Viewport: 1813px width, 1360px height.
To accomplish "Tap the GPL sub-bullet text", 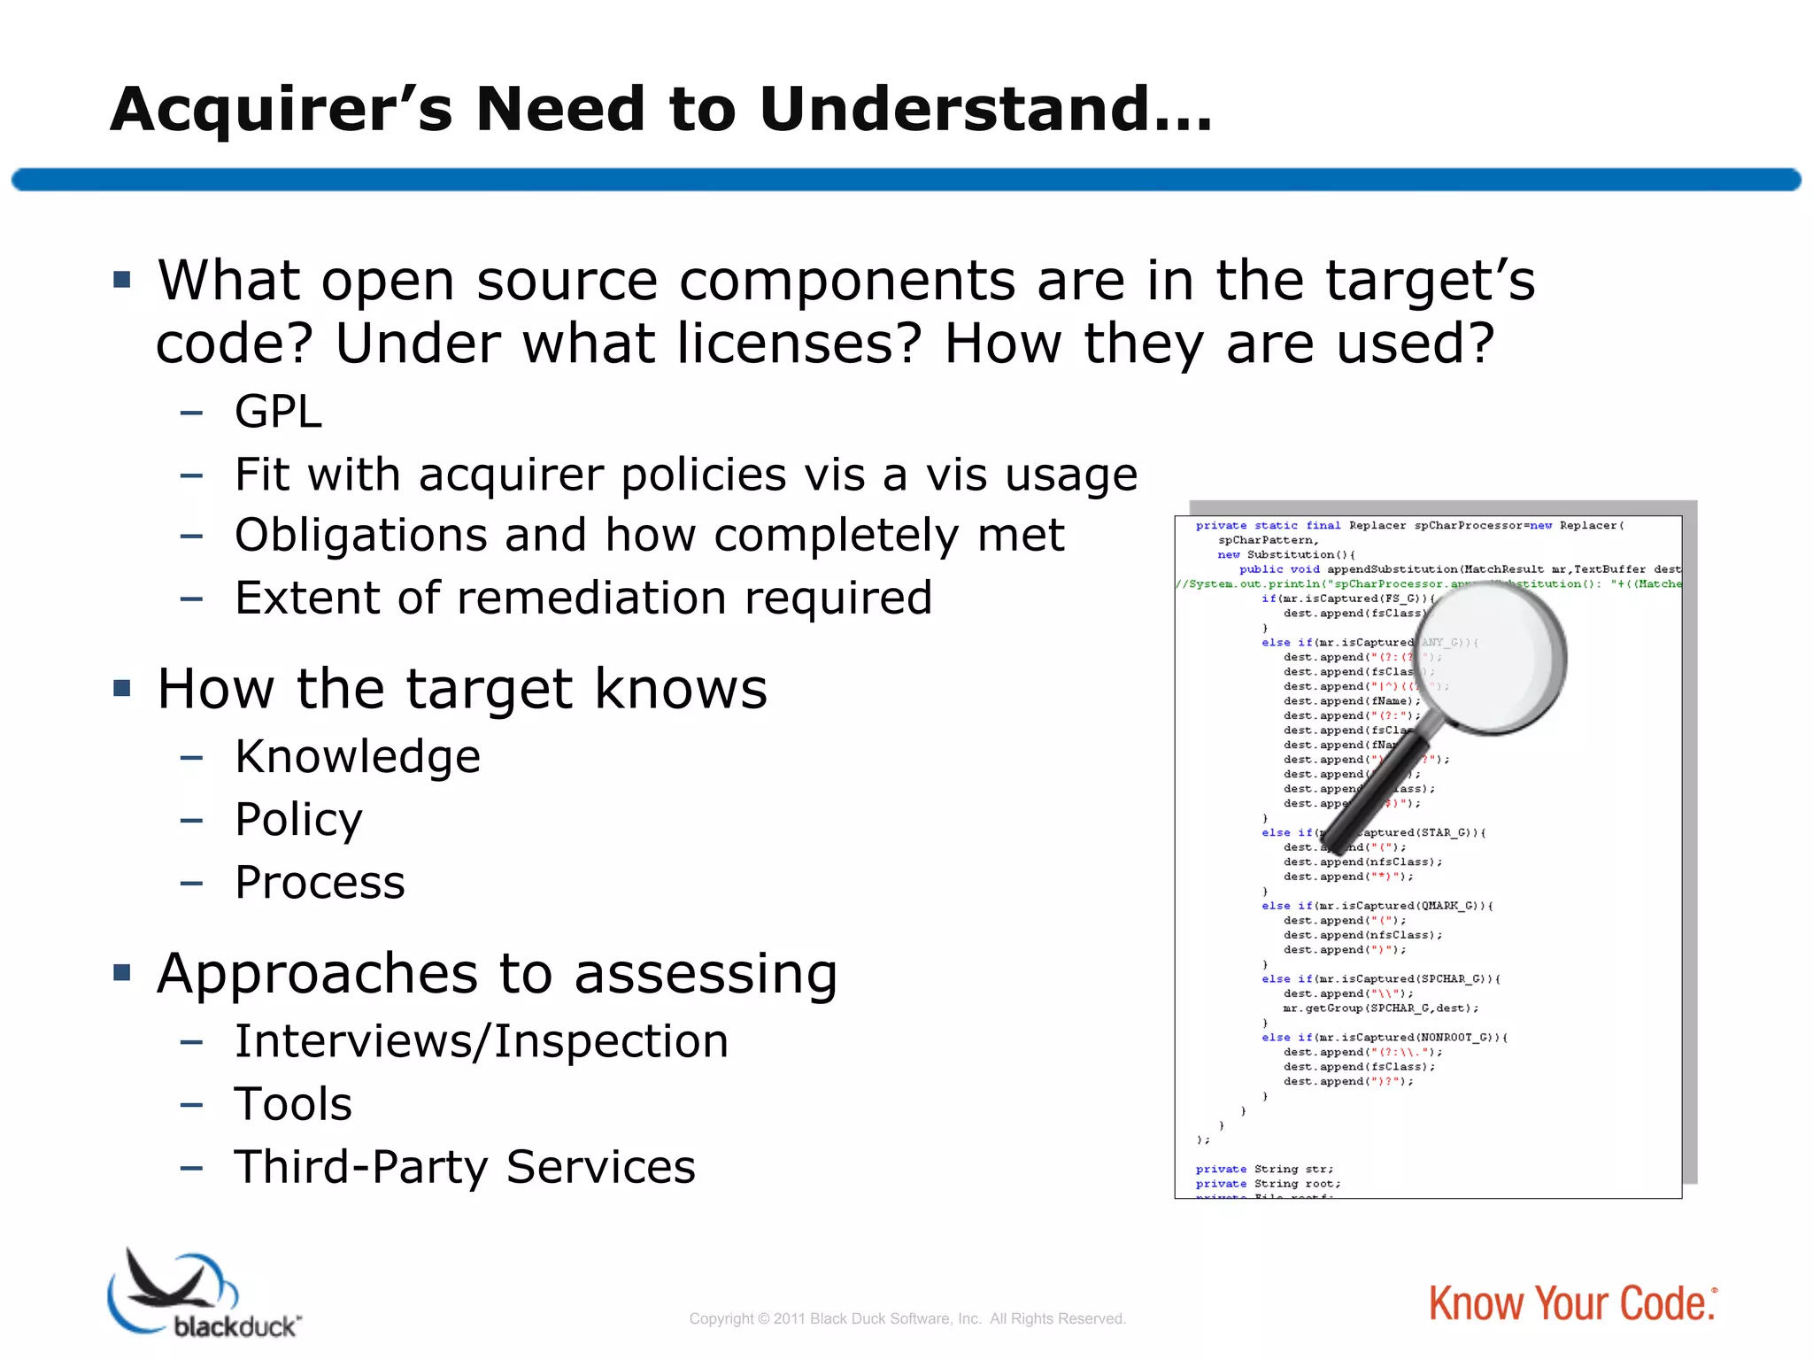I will pos(278,412).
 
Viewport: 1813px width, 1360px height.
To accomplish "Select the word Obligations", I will pos(359,536).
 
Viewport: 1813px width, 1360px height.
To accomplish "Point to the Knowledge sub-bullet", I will pos(358,757).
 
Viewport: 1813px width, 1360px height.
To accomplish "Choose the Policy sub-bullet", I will pos(298,820).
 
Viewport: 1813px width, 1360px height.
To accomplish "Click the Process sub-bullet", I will pos(320,883).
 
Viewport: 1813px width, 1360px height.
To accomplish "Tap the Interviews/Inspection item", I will pos(482,1041).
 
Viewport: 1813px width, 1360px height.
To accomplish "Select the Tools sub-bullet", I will pos(293,1104).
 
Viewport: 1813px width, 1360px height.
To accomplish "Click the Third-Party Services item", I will pos(465,1167).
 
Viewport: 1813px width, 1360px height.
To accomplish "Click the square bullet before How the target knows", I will pos(122,688).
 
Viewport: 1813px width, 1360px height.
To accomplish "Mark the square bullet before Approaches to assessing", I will pos(122,973).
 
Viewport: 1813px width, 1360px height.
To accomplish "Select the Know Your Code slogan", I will pos(1572,1304).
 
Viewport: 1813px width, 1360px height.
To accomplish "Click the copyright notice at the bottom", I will pos(906,1318).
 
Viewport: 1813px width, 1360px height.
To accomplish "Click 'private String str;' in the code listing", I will pos(1264,1169).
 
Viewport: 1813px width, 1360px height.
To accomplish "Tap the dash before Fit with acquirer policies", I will pos(191,475).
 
